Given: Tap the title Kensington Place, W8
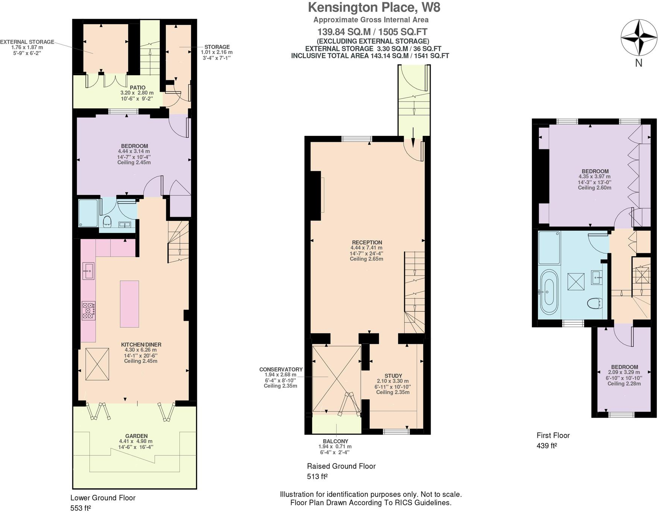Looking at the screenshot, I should coord(374,7).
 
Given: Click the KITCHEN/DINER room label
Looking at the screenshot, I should coord(141,344).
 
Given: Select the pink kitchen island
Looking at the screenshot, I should coord(129,304).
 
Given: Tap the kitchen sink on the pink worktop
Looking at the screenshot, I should coord(88,271).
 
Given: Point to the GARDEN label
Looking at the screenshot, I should coord(136,436).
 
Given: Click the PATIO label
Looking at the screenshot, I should coord(137,87).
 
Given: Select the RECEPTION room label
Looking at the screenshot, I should coord(367,242).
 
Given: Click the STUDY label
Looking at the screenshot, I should coord(393,376).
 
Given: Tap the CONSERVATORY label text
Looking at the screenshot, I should coord(281,369).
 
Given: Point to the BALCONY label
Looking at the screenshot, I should coord(336,441).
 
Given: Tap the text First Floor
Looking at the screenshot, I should coord(553,435).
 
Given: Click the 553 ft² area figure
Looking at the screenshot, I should coord(80,508).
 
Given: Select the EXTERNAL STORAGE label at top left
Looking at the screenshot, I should coord(27,42).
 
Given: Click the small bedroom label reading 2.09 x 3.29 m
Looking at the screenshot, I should coord(624,372).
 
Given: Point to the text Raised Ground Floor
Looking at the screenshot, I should coord(341,466).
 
